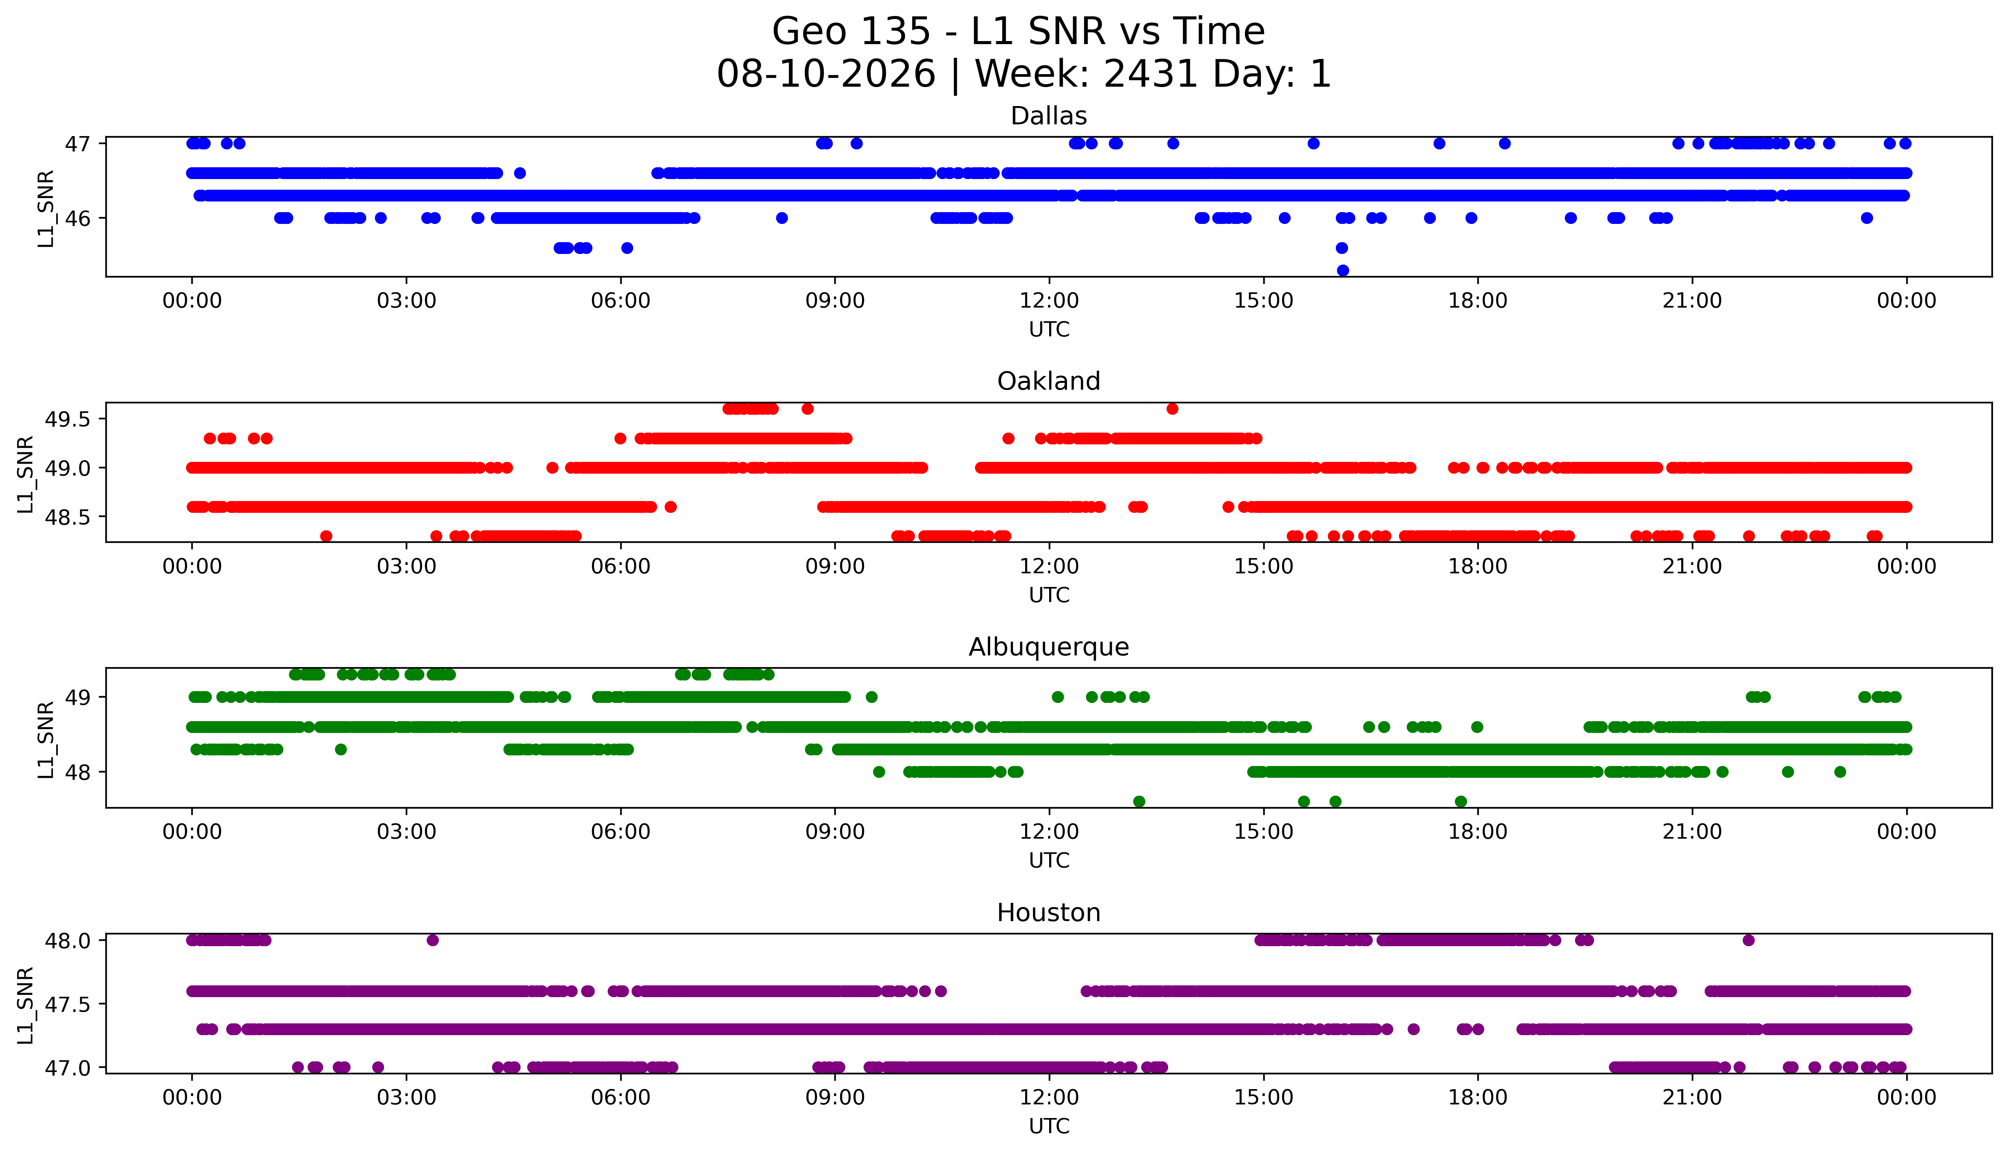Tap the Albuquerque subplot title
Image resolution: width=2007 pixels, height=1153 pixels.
1049,647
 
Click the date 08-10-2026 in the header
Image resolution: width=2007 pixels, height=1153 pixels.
826,75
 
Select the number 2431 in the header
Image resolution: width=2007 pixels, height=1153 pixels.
1150,75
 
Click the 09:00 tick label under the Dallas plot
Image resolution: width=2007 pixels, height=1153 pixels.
835,301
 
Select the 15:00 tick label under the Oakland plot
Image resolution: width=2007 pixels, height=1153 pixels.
1263,566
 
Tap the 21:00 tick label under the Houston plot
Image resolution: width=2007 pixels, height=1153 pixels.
1692,1097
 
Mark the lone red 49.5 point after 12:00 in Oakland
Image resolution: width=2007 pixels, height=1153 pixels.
1172,409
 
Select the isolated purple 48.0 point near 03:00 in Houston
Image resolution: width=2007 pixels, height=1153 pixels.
432,940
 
